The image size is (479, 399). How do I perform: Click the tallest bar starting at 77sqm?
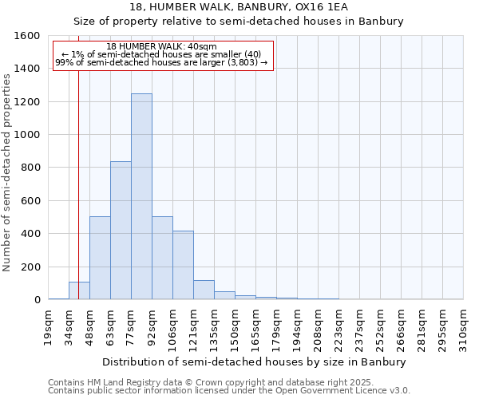pyautogui.click(x=141, y=196)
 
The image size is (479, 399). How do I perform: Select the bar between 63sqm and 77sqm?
pyautogui.click(x=121, y=231)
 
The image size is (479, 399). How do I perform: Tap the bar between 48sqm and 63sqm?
pyautogui.click(x=100, y=258)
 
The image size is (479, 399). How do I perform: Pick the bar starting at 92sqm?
pyautogui.click(x=162, y=258)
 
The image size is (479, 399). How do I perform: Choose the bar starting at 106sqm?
pyautogui.click(x=183, y=265)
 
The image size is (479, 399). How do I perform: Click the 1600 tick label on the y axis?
pyautogui.click(x=27, y=36)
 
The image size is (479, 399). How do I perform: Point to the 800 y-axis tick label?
pyautogui.click(x=30, y=168)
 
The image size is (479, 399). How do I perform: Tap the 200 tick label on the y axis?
pyautogui.click(x=30, y=267)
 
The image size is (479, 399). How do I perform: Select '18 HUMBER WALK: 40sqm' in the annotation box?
pyautogui.click(x=161, y=47)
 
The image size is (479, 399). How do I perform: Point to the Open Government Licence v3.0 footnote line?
pyautogui.click(x=229, y=391)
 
